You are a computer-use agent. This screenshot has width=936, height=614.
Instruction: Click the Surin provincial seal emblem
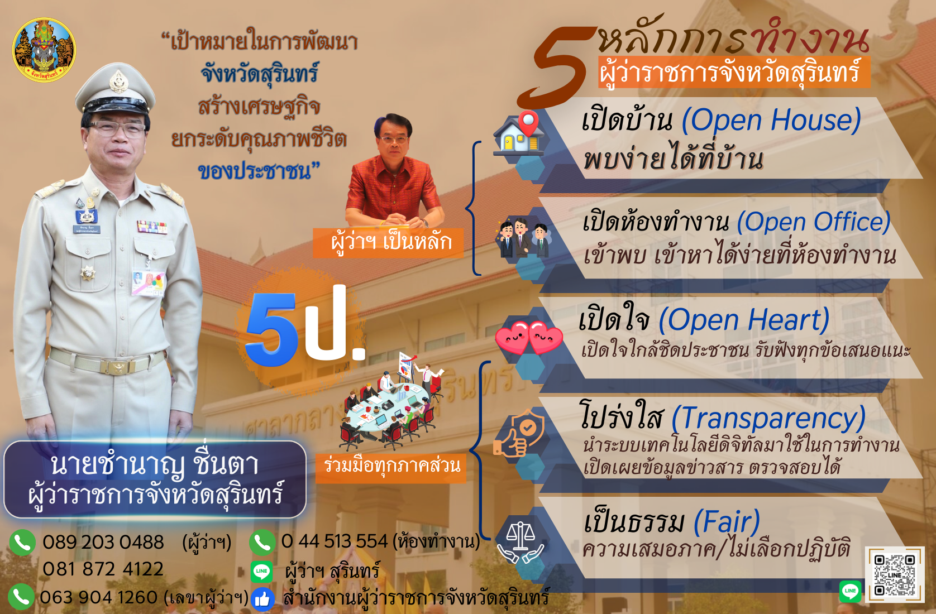[x=44, y=50]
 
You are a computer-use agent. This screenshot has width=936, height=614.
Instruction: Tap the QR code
[x=895, y=575]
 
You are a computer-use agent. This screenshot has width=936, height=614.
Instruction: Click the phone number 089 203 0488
[x=103, y=542]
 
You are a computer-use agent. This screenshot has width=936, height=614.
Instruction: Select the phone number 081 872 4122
[x=103, y=569]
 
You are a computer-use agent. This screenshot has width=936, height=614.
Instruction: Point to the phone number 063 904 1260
[x=99, y=597]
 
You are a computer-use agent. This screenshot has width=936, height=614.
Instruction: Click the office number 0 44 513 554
[x=335, y=541]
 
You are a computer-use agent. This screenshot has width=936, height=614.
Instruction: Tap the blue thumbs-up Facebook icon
[x=262, y=599]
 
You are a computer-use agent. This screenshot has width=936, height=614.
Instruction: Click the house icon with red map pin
[x=519, y=133]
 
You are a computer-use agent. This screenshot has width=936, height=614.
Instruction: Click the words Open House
[x=771, y=121]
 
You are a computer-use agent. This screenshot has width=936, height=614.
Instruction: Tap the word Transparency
[x=768, y=419]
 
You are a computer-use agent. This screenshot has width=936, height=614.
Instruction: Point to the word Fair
[x=727, y=521]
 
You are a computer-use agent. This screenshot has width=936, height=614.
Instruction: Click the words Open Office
[x=814, y=222]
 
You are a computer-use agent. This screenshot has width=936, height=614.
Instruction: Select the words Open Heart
[x=744, y=320]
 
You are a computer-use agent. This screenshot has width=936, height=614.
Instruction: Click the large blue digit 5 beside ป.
[x=272, y=329]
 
